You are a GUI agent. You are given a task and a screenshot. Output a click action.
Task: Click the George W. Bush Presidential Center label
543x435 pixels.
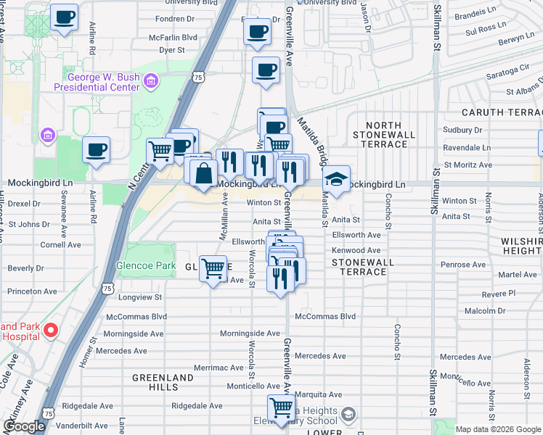102,82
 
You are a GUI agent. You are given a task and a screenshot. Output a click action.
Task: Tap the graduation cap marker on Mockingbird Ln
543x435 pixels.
336,179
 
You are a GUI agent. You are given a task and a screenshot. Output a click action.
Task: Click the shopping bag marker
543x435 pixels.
205,173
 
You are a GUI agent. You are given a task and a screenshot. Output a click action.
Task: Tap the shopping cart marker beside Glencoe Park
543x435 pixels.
213,269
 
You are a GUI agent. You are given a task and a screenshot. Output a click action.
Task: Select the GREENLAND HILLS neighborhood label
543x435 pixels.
163,382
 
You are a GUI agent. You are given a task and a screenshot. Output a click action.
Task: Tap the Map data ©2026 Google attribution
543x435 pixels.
498,429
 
